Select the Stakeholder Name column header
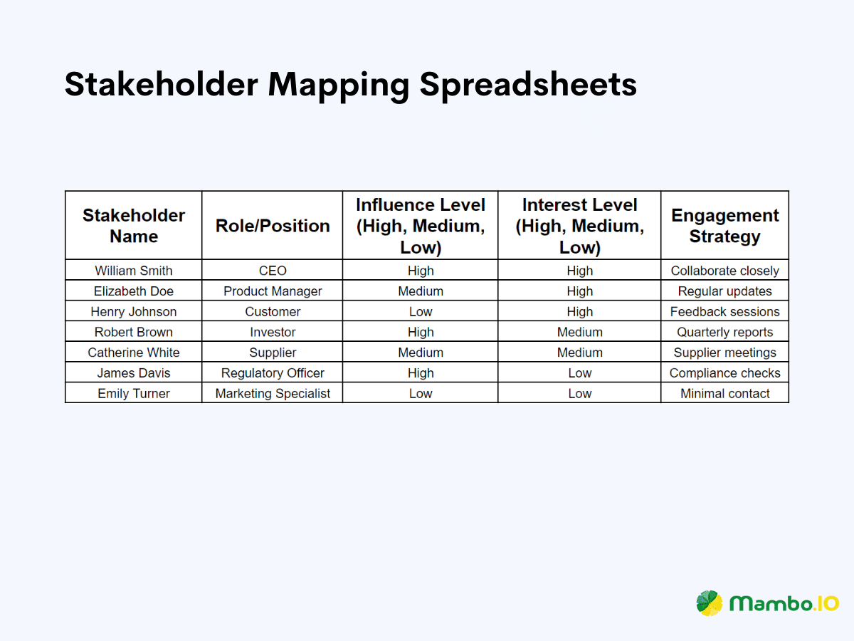[134, 226]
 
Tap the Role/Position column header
[273, 226]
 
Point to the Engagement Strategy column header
[724, 226]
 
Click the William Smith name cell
[134, 271]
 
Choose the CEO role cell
[273, 271]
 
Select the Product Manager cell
[273, 291]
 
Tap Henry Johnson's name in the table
[134, 312]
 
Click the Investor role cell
[273, 332]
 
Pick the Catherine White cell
[134, 353]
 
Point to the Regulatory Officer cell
[273, 373]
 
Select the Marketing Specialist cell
[273, 394]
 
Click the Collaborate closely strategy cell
[724, 271]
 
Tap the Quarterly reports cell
[724, 332]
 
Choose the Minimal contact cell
[724, 394]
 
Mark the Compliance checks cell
[724, 373]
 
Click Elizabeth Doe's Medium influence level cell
[421, 291]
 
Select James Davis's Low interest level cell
[579, 373]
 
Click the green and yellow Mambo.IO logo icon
[710, 603]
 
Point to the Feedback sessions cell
[724, 312]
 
